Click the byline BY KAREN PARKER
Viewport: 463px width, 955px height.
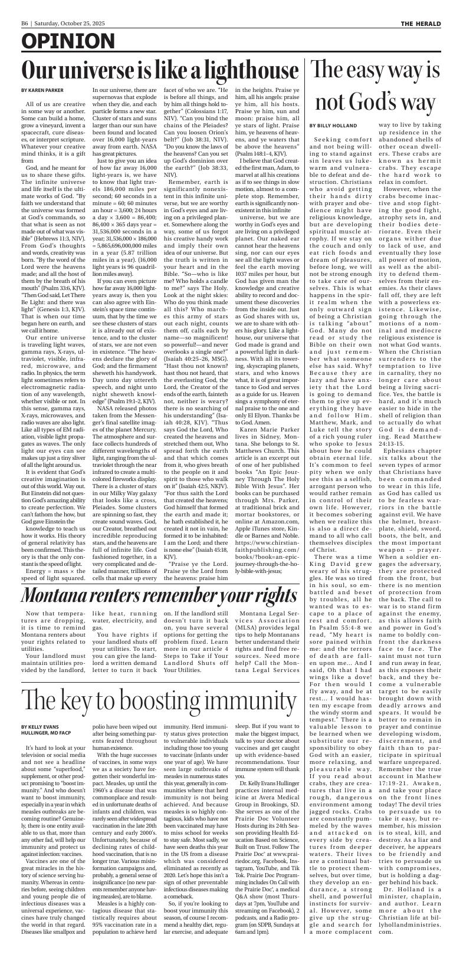42,90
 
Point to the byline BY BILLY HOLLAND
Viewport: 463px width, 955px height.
333,126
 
